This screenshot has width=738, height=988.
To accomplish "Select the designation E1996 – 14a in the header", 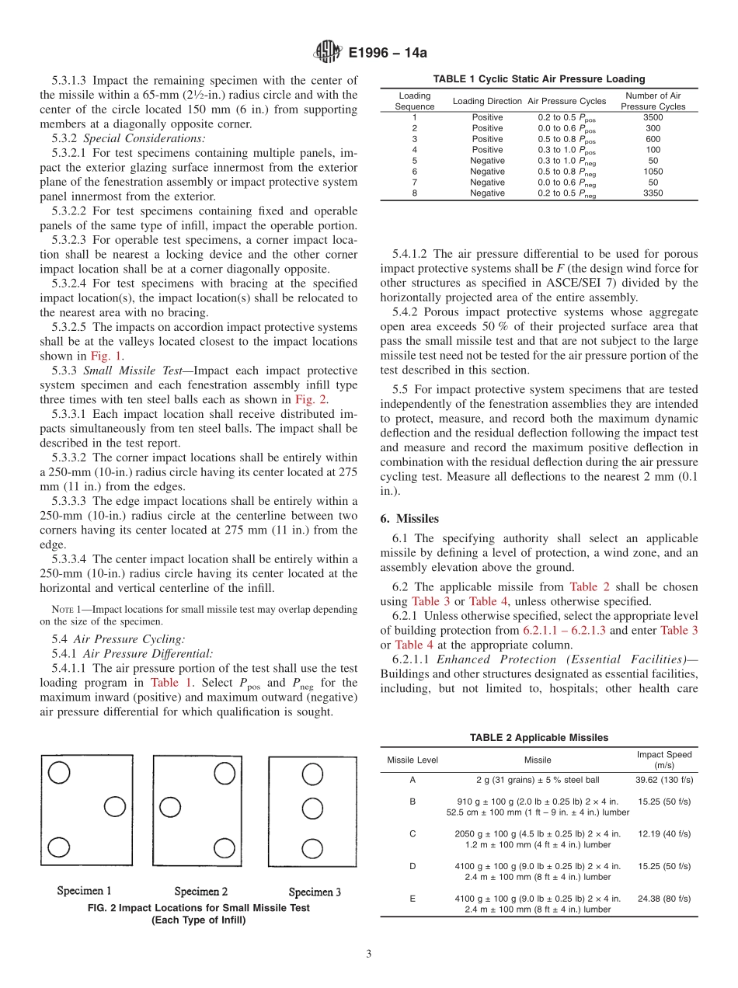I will coord(388,54).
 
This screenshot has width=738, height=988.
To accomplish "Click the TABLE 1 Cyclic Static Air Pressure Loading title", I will coord(538,78).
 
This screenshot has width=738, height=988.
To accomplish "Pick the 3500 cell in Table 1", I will coord(653,117).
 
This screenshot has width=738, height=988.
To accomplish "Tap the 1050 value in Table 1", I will coord(653,172).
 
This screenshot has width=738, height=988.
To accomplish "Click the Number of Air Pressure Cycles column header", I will coord(653,101).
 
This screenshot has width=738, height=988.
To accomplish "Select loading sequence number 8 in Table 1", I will coord(414,193).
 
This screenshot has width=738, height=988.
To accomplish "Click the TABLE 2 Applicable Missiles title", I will coord(538,737).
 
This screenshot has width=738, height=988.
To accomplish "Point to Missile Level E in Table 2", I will coord(412,899).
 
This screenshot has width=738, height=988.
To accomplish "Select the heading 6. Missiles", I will coord(416,518).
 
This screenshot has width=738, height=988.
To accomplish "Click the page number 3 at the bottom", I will coord(369,954).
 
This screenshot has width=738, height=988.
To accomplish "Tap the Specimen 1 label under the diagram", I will coord(84,891).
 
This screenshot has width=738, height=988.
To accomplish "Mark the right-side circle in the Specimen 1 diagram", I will coord(115,806).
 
